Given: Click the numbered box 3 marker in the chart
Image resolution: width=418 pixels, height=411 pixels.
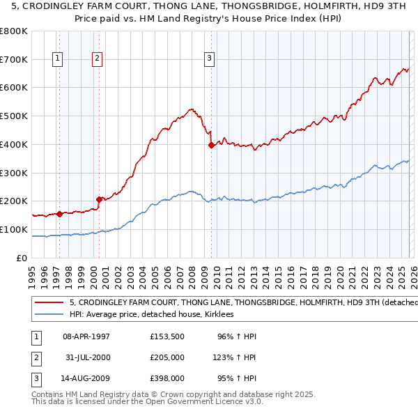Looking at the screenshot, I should pos(209,59).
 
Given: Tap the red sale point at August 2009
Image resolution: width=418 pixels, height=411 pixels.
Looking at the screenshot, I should pos(211,145).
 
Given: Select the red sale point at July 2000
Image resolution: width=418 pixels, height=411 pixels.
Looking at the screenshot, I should pos(100,199).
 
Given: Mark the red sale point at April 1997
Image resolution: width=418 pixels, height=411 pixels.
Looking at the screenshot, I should pos(59,214).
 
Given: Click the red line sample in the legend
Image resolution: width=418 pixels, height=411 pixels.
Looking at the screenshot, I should pos(49,303).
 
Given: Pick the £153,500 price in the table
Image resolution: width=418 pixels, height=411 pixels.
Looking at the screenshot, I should pos(167,336).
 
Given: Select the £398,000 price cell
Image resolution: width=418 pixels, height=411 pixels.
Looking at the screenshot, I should pos(167,380).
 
